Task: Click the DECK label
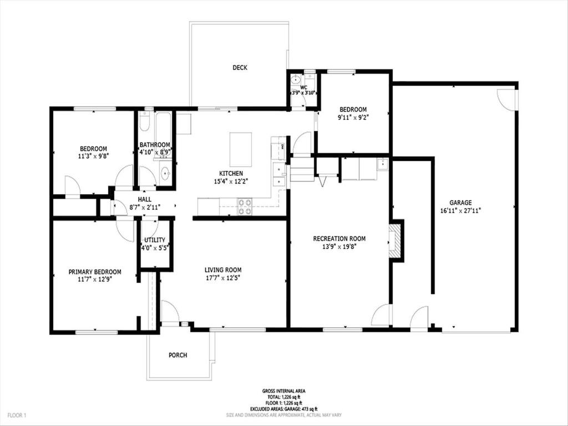[240, 68]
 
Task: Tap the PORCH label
[178, 355]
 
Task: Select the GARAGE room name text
[460, 202]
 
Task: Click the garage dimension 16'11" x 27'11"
[460, 210]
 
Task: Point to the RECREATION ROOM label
[339, 239]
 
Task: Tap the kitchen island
[241, 149]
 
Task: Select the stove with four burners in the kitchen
[245, 206]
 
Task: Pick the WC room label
[303, 88]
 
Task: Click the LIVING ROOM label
[223, 270]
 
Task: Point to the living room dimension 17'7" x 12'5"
[223, 277]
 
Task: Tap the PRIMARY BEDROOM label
[95, 272]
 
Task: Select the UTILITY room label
[155, 240]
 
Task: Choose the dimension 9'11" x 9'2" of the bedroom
[353, 118]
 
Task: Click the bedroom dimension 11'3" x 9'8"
[93, 156]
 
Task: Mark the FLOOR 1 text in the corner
[17, 415]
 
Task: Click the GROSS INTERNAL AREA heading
[283, 391]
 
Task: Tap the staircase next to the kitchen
[302, 169]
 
